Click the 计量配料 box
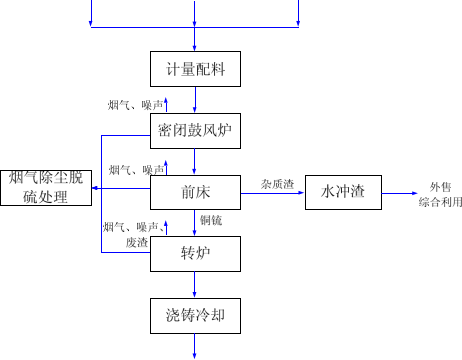(195, 69)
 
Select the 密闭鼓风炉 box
(195, 130)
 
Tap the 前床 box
(195, 192)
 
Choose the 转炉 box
(195, 253)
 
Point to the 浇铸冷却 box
(195, 315)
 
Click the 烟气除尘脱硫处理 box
(46, 188)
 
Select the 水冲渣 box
(343, 192)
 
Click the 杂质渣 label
(277, 184)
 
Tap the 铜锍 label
(211, 220)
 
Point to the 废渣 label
(137, 242)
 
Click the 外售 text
(440, 187)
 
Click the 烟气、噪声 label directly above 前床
(133, 169)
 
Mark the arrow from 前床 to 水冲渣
(272, 192)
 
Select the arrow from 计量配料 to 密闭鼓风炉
(195, 99)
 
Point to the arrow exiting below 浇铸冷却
(195, 345)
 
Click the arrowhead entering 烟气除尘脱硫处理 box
(97, 188)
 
